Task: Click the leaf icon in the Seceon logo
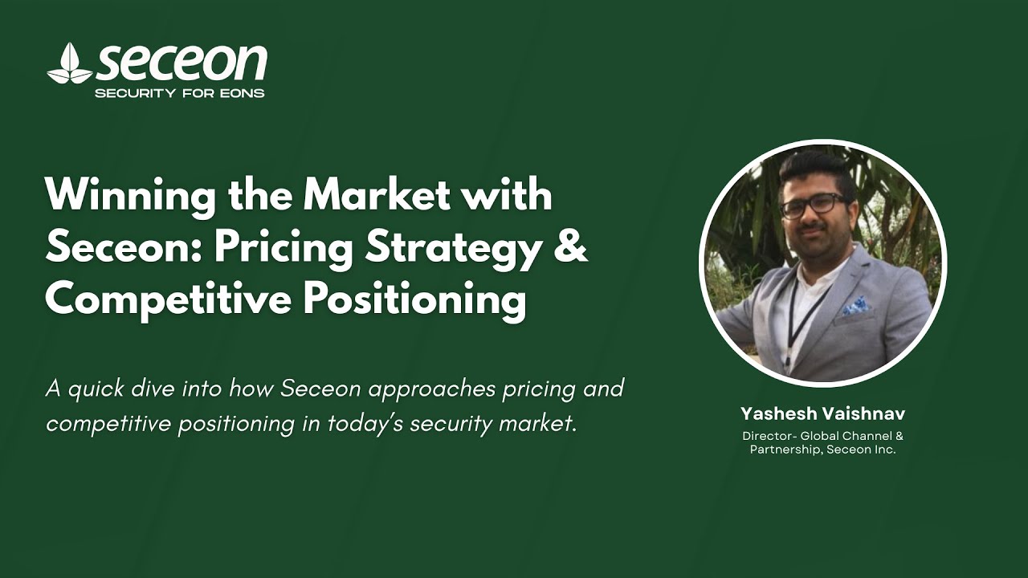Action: tap(69, 65)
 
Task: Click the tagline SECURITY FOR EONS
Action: tap(180, 93)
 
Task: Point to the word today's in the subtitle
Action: tap(365, 423)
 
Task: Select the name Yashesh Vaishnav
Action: tap(822, 414)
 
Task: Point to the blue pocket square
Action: tap(857, 306)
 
